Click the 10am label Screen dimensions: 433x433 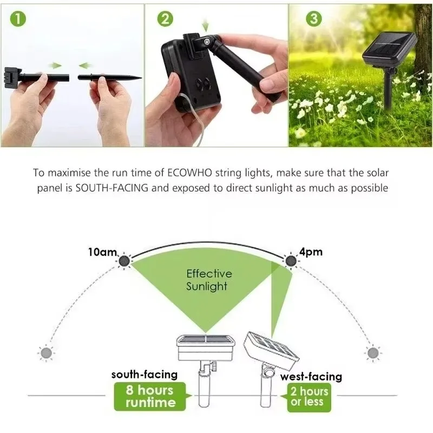pyautogui.click(x=101, y=252)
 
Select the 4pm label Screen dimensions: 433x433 pyautogui.click(x=310, y=252)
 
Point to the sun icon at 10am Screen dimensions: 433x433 pyautogui.click(x=124, y=261)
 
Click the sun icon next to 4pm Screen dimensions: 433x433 pyautogui.click(x=291, y=261)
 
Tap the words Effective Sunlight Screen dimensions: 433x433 pyautogui.click(x=209, y=280)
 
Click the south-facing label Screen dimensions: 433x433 pyautogui.click(x=144, y=375)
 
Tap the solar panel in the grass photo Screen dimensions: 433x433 pyautogui.click(x=389, y=49)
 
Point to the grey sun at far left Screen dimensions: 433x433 pyautogui.click(x=46, y=352)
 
